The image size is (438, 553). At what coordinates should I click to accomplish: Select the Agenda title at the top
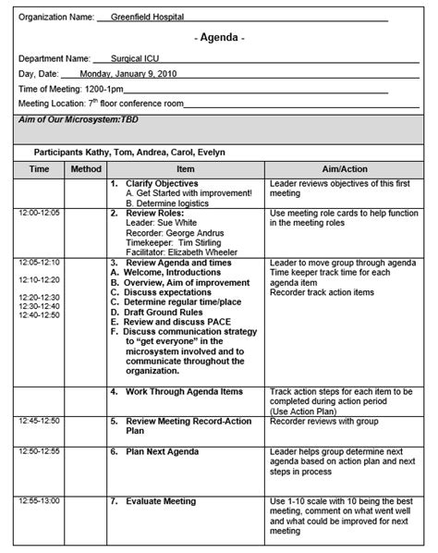pyautogui.click(x=220, y=38)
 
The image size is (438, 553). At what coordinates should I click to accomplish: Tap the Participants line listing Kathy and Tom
pyautogui.click(x=129, y=152)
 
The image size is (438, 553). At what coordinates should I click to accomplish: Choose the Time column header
pyautogui.click(x=39, y=169)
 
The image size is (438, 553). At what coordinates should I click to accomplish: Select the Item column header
pyautogui.click(x=185, y=169)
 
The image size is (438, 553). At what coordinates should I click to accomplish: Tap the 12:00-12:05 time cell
pyautogui.click(x=39, y=213)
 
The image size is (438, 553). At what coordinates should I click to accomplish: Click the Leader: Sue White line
pyautogui.click(x=162, y=223)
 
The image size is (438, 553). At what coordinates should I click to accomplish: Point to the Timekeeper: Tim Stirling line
pyautogui.click(x=175, y=242)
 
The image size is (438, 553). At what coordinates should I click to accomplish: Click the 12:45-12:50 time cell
pyautogui.click(x=39, y=420)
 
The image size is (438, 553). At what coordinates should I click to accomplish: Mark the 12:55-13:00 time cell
pyautogui.click(x=39, y=501)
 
